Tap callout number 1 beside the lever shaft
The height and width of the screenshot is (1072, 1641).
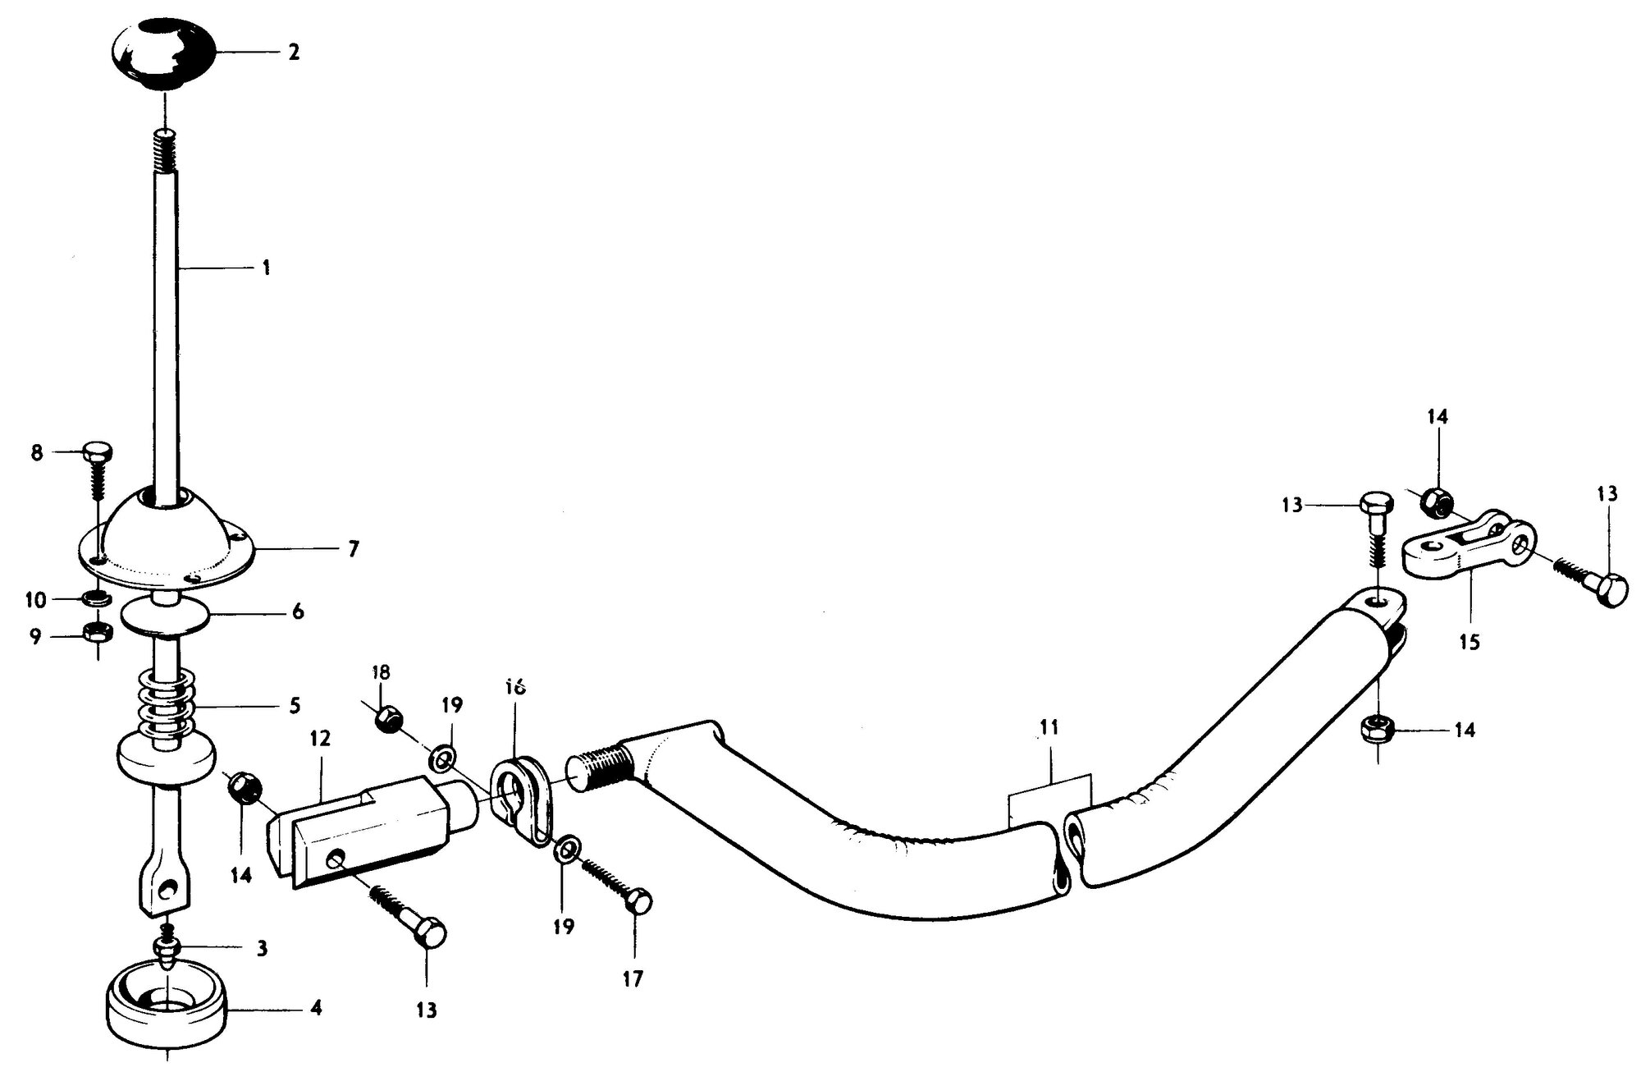click(x=265, y=268)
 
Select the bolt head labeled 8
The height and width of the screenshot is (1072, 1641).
click(x=98, y=453)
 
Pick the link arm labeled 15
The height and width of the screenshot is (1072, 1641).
click(x=1474, y=553)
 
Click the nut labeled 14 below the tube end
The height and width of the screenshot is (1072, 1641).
click(x=1375, y=728)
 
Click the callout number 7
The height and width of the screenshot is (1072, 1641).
click(x=354, y=549)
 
